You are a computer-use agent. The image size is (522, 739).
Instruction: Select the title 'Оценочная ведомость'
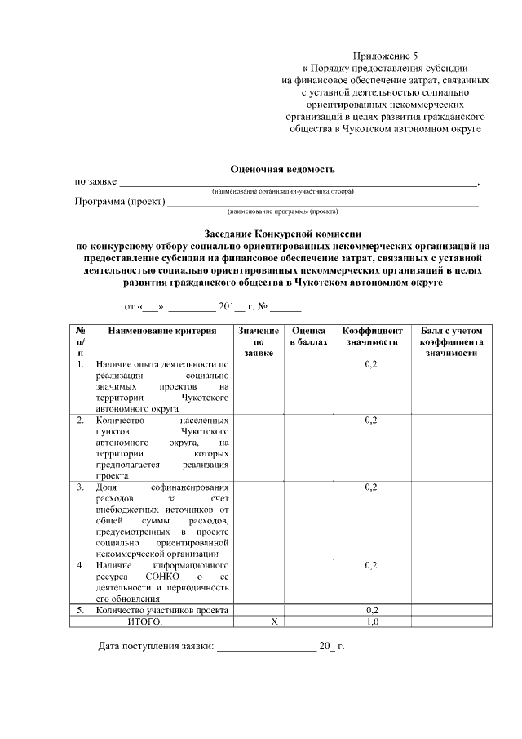[x=283, y=169]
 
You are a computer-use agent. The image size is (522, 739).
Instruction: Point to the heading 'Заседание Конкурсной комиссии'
[x=283, y=232]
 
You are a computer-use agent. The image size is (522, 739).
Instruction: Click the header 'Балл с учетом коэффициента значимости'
[x=452, y=342]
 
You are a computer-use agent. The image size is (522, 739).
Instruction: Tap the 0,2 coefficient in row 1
[x=372, y=363]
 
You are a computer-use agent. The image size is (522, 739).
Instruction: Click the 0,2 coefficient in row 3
[x=372, y=487]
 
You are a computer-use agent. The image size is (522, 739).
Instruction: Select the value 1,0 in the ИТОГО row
[x=372, y=621]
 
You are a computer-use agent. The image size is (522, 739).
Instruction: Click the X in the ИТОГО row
[x=275, y=621]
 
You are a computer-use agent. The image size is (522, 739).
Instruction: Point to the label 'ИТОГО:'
[x=145, y=621]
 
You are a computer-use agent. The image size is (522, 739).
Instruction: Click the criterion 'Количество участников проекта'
[x=161, y=610]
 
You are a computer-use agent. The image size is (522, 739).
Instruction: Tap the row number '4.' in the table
[x=80, y=565]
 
